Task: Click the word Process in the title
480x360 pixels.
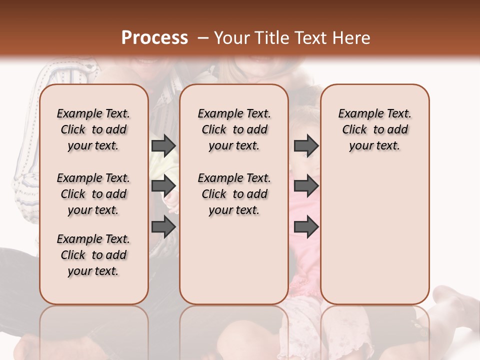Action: pyautogui.click(x=154, y=38)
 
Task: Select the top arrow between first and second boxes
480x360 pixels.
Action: pyautogui.click(x=163, y=145)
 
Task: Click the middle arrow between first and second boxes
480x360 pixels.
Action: pyautogui.click(x=163, y=186)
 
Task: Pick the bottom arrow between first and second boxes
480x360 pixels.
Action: pyautogui.click(x=163, y=226)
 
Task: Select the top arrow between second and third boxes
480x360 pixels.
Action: pyautogui.click(x=306, y=145)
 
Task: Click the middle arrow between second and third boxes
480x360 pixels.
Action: pyautogui.click(x=306, y=186)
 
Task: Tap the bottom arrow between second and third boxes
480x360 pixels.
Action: pyautogui.click(x=306, y=226)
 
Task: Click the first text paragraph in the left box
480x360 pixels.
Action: pyautogui.click(x=93, y=129)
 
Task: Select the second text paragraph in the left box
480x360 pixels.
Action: pyautogui.click(x=93, y=194)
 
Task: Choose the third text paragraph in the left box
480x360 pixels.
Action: pyautogui.click(x=93, y=255)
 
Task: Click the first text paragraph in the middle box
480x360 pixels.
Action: pyautogui.click(x=234, y=129)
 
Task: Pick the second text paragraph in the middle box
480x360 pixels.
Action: pyautogui.click(x=234, y=194)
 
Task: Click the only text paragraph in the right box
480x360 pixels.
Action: pyautogui.click(x=374, y=129)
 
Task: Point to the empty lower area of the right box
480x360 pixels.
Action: pyautogui.click(x=374, y=235)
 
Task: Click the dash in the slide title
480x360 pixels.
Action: pyautogui.click(x=202, y=38)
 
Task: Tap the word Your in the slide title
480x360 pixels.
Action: pyautogui.click(x=232, y=38)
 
